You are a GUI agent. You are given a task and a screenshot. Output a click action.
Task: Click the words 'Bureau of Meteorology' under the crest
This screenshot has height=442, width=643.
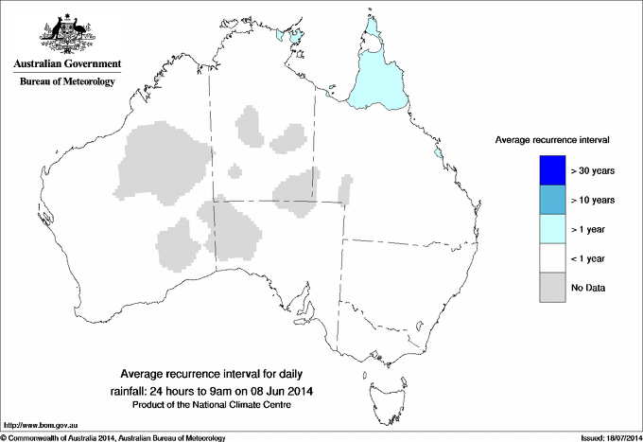click(x=66, y=81)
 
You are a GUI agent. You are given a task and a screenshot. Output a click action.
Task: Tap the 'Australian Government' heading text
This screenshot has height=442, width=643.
click(x=66, y=64)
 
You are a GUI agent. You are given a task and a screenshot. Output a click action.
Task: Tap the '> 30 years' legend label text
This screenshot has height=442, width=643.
click(x=594, y=170)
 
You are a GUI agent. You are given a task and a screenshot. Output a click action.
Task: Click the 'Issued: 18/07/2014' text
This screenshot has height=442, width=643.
click(x=605, y=437)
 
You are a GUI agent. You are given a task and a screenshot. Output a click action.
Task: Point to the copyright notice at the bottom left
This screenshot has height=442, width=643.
click(x=113, y=437)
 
